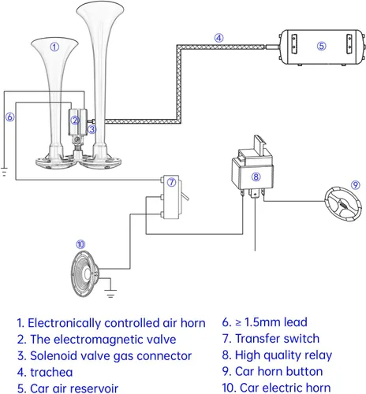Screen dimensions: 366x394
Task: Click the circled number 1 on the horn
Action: pyautogui.click(x=54, y=47)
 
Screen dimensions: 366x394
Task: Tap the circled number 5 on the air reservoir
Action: pyautogui.click(x=321, y=46)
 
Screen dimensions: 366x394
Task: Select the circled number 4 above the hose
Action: pyautogui.click(x=218, y=38)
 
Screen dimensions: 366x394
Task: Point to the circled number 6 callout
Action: pyautogui.click(x=10, y=117)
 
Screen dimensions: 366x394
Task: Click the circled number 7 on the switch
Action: pyautogui.click(x=171, y=182)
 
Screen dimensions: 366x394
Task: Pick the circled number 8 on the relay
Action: pyautogui.click(x=256, y=177)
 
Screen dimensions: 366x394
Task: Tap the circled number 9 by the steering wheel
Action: pyautogui.click(x=356, y=185)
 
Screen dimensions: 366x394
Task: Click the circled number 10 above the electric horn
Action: pyautogui.click(x=80, y=244)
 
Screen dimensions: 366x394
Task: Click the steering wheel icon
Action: pyautogui.click(x=343, y=204)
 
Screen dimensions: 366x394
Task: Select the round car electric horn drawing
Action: pyautogui.click(x=85, y=273)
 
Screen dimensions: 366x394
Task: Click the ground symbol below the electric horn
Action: pyautogui.click(x=110, y=293)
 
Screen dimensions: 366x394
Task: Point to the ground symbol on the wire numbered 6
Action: pyautogui.click(x=4, y=172)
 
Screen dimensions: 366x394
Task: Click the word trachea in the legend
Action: pyautogui.click(x=51, y=372)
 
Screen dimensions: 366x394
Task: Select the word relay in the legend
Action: pyautogui.click(x=318, y=355)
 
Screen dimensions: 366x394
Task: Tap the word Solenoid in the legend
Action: pyautogui.click(x=54, y=356)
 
